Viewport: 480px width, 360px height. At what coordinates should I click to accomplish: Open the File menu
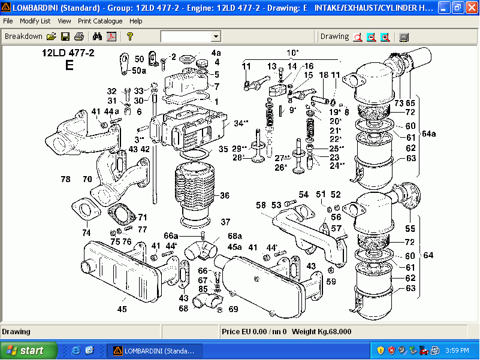8,21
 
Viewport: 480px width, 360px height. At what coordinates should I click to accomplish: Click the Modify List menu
35,21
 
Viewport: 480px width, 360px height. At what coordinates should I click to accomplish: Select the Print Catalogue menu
99,21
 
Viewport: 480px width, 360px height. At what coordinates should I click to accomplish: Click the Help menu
136,21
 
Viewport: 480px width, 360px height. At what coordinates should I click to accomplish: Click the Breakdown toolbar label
23,37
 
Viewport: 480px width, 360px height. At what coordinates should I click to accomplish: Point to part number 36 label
225,195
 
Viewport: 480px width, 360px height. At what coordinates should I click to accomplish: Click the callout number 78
65,179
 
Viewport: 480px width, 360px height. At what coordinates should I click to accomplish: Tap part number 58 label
261,205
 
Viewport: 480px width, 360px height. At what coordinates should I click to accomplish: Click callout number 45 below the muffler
122,310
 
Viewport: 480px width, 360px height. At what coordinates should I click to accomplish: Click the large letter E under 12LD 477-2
69,65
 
